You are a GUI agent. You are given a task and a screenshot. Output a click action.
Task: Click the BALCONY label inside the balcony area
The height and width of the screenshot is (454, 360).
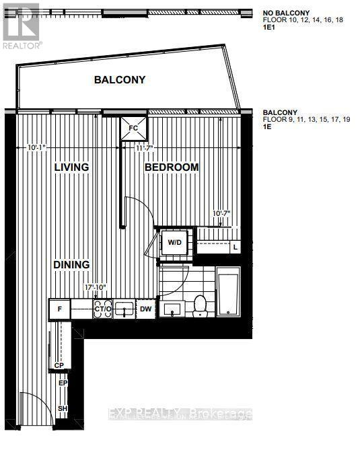click(120, 80)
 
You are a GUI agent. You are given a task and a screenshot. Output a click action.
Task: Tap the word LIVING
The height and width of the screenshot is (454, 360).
click(71, 167)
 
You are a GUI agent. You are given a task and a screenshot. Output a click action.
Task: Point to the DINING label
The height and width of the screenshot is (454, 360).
click(71, 265)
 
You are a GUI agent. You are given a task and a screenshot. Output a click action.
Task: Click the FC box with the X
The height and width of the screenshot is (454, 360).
click(133, 126)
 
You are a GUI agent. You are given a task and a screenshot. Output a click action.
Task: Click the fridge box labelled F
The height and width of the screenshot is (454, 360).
click(60, 309)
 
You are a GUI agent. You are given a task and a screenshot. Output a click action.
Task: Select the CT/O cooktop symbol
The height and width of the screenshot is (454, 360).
click(103, 309)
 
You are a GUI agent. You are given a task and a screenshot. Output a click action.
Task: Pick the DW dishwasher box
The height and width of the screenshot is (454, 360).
click(146, 309)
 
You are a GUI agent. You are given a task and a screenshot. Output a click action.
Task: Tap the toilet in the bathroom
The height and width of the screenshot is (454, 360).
click(200, 307)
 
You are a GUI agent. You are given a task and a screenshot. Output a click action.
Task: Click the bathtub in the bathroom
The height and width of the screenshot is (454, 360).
click(229, 292)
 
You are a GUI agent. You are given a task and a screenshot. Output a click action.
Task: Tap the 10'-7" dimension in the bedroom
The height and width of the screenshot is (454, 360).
click(220, 213)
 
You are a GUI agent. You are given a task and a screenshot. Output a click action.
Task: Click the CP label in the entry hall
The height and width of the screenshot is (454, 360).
click(59, 366)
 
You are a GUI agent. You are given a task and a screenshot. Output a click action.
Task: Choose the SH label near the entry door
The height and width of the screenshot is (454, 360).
click(63, 409)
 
